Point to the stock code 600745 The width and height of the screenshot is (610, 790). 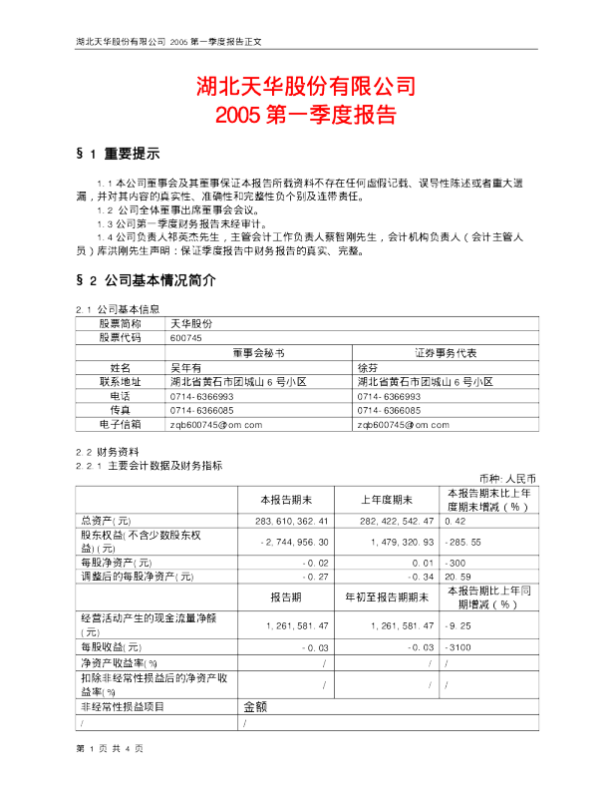point(186,338)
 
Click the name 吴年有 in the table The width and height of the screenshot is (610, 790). point(186,367)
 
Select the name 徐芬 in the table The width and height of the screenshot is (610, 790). point(367,367)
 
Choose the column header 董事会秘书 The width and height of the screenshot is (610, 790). point(259,353)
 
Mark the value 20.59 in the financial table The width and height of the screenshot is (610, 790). point(457,577)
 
